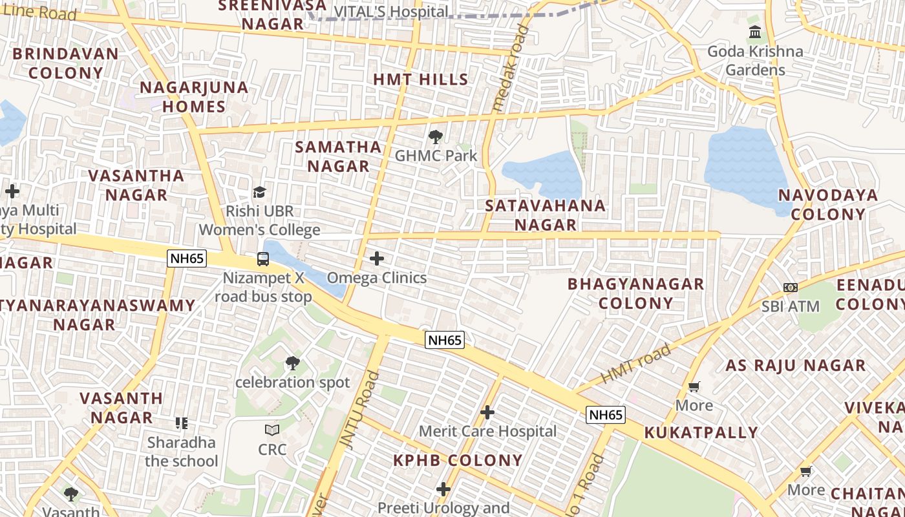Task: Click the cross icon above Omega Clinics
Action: click(376, 259)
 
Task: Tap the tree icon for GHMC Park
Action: click(436, 137)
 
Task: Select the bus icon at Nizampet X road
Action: click(263, 259)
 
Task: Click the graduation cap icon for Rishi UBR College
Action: click(259, 192)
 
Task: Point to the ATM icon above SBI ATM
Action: click(790, 288)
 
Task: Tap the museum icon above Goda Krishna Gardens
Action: click(754, 32)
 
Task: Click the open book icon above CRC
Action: click(272, 430)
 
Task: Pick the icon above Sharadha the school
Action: click(182, 423)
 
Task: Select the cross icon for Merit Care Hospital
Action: click(487, 412)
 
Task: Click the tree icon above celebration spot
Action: click(293, 363)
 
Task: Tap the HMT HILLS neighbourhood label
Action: click(421, 79)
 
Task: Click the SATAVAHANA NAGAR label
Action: click(546, 215)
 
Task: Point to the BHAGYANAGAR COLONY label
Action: click(635, 293)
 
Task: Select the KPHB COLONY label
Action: click(458, 460)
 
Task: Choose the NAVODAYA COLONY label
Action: click(827, 205)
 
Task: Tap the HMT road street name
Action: click(636, 364)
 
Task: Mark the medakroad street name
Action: click(510, 68)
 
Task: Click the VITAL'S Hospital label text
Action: click(390, 12)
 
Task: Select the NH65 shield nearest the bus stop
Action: click(187, 258)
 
